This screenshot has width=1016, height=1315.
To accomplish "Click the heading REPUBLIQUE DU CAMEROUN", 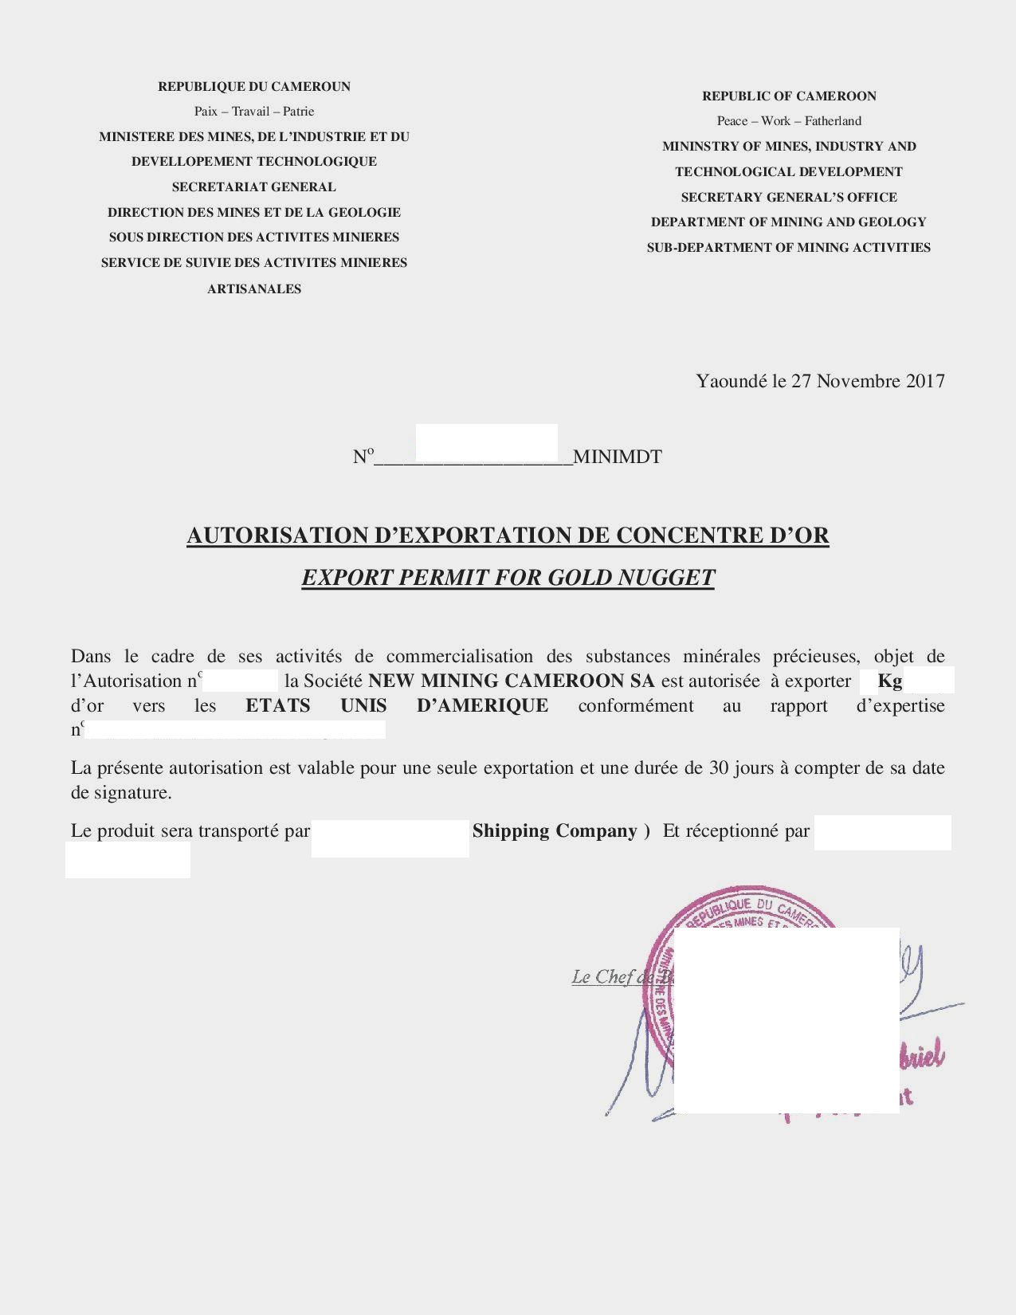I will [x=253, y=86].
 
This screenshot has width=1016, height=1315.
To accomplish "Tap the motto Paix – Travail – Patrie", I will [x=253, y=112].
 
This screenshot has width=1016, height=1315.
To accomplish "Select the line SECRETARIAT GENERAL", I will [x=253, y=187].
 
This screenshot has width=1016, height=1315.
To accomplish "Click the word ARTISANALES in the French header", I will [x=253, y=289].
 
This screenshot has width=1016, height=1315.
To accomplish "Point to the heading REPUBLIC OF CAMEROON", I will [x=789, y=96].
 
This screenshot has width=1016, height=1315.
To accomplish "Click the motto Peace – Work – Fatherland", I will [x=789, y=121].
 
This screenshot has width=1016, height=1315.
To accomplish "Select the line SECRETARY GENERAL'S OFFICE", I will [x=789, y=197].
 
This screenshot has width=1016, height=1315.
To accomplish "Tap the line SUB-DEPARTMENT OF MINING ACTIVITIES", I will [x=789, y=248].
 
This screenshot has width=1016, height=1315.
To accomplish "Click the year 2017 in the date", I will [x=925, y=381].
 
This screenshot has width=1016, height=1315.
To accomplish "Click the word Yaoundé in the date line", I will [x=731, y=381].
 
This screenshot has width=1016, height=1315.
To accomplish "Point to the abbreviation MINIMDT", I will [x=618, y=457].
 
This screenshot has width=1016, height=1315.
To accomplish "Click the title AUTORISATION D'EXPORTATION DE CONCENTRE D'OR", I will [x=508, y=536].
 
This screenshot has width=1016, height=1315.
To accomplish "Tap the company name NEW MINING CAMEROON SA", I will [x=511, y=681].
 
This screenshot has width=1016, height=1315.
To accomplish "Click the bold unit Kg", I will [x=889, y=681].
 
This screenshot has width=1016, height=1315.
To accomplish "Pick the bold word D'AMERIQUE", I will [x=482, y=705].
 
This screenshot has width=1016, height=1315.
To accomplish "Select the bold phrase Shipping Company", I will [x=555, y=831].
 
